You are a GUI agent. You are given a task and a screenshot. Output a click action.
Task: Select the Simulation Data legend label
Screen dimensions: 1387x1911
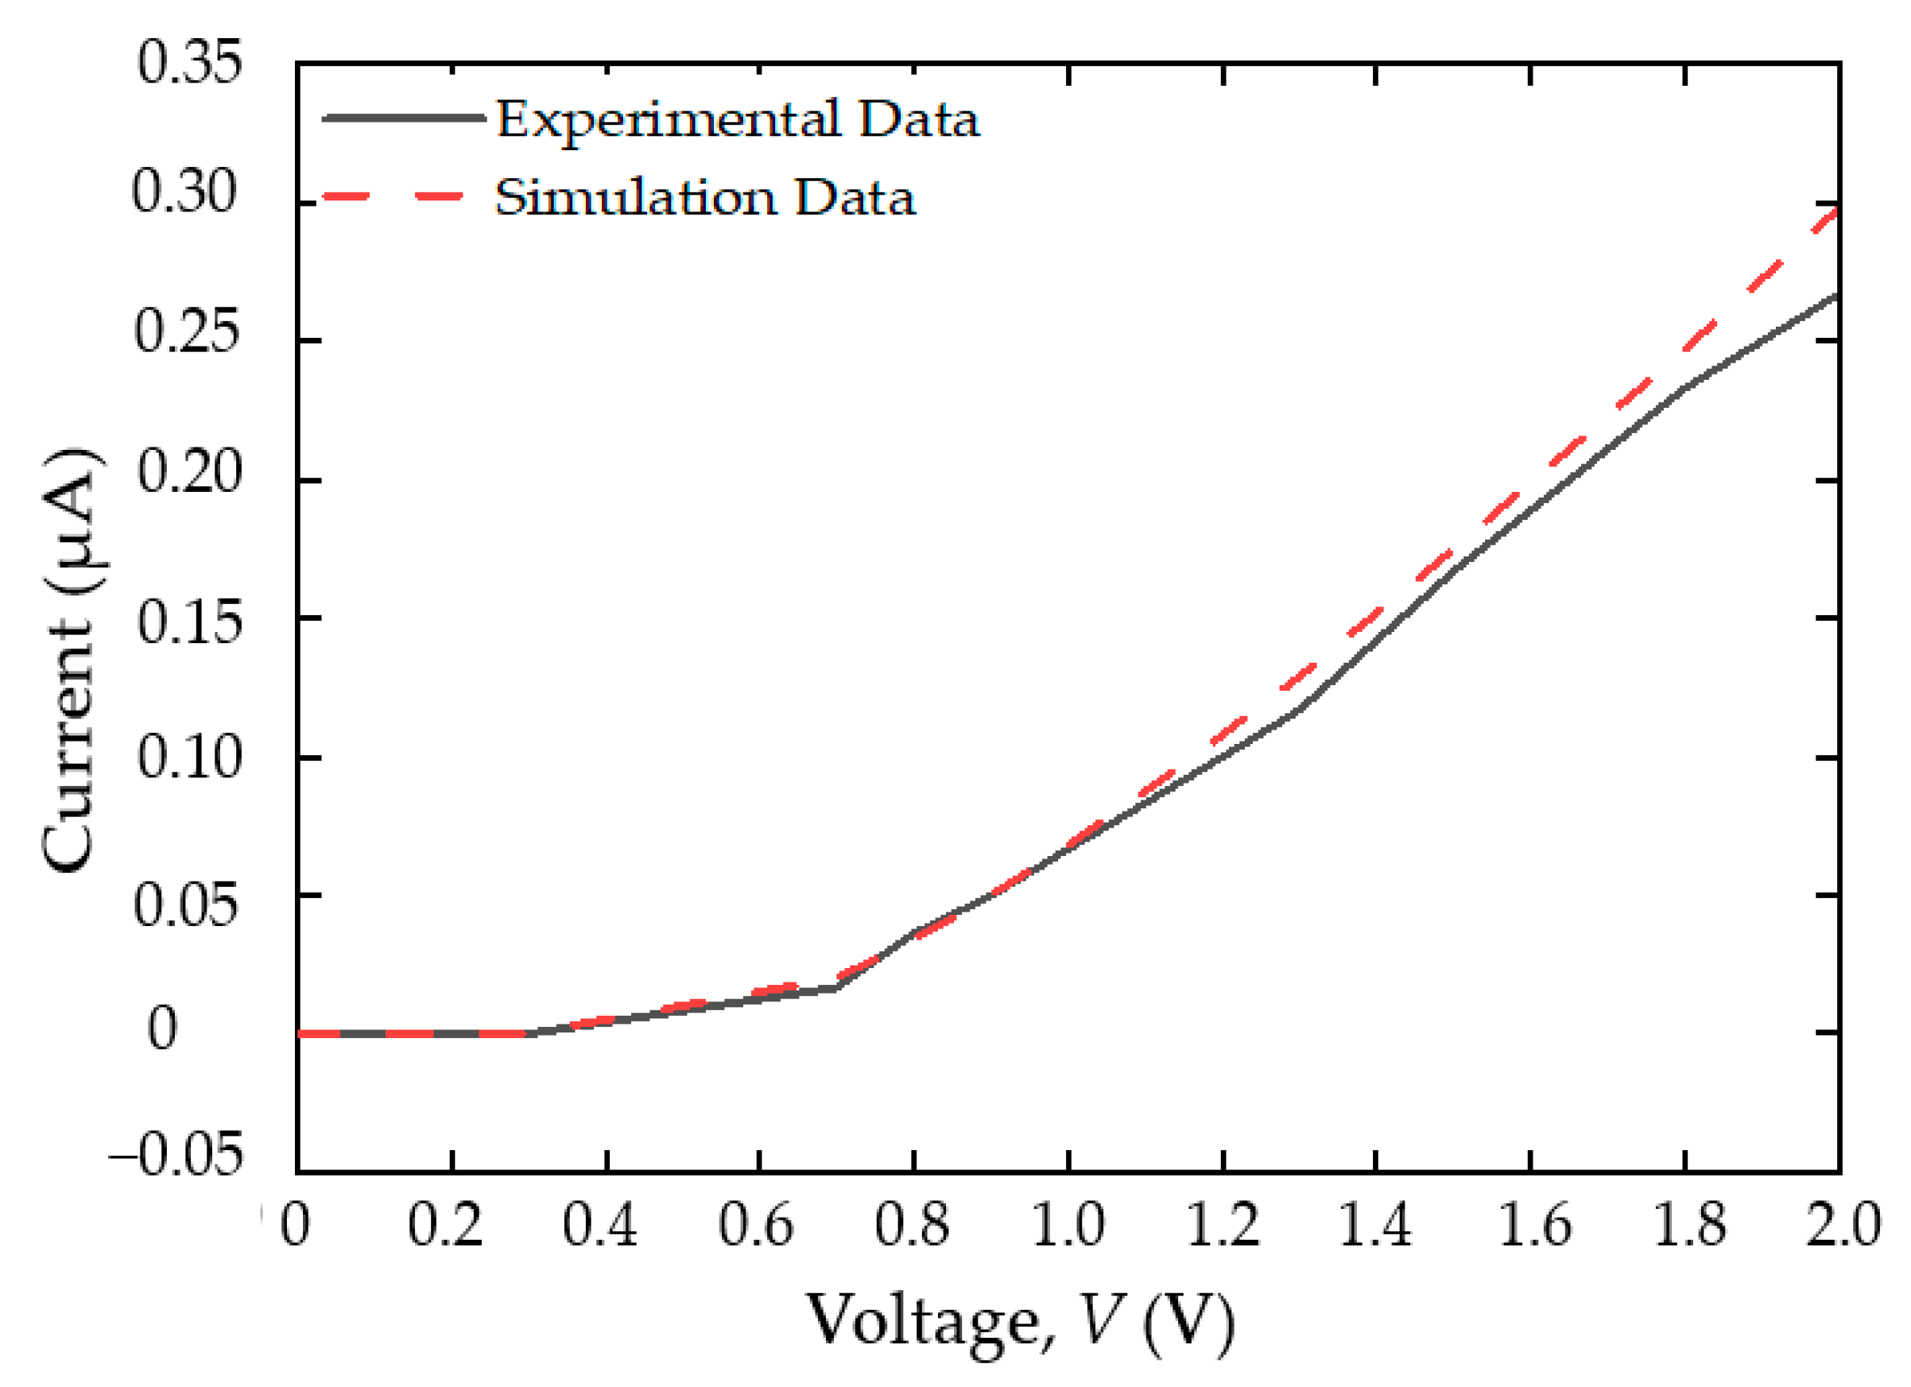coord(704,198)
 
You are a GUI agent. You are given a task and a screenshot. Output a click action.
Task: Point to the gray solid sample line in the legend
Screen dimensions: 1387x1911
coord(403,118)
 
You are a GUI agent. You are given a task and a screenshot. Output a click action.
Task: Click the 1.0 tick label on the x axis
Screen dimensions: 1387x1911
coord(1068,1224)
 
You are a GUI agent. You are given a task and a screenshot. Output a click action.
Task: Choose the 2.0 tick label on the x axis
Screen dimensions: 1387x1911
coord(1842,1224)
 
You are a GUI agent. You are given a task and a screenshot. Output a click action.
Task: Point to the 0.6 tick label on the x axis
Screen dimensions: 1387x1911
coord(756,1224)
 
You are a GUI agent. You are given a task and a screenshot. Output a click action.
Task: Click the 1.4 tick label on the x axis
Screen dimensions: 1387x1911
coord(1375,1224)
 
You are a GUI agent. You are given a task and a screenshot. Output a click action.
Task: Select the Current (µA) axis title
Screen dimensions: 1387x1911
coord(72,661)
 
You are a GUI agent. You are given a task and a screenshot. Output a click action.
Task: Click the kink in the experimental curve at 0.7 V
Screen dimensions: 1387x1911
coord(835,987)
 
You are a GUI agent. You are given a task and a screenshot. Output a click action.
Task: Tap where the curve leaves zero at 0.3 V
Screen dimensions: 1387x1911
coord(529,1033)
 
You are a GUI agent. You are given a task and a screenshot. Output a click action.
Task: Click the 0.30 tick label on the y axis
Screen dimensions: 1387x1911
coord(185,192)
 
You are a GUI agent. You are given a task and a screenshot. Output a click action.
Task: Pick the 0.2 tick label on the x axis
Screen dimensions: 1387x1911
coord(446,1224)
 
